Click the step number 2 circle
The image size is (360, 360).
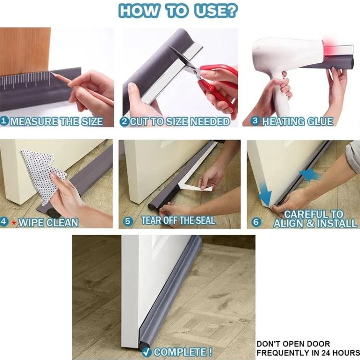tap(124, 121)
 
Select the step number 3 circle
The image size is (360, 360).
tap(256, 121)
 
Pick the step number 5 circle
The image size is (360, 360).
tap(127, 221)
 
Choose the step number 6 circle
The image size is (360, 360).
tap(256, 222)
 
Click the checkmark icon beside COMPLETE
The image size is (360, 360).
tap(147, 352)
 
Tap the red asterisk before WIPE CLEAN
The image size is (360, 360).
tap(14, 222)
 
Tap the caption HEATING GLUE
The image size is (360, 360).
tap(297, 121)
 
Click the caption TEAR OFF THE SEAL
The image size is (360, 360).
tap(178, 221)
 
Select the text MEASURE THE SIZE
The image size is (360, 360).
tap(56, 121)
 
